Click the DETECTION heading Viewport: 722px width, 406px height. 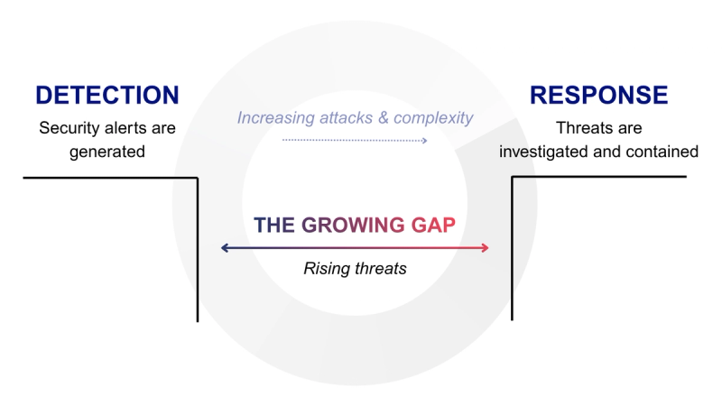pyautogui.click(x=107, y=96)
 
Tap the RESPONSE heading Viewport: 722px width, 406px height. pyautogui.click(x=598, y=96)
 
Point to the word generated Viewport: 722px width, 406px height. pyautogui.click(x=107, y=152)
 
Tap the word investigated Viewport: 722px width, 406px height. pyautogui.click(x=543, y=152)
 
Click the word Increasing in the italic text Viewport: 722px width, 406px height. pyautogui.click(x=274, y=118)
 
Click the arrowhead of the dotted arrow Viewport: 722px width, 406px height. pyautogui.click(x=424, y=140)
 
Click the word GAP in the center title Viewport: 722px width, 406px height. pyautogui.click(x=434, y=225)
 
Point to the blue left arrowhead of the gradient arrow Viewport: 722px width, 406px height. pyautogui.click(x=224, y=248)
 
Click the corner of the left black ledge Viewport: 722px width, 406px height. pyautogui.click(x=197, y=178)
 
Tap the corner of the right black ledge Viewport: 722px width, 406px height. pyautogui.click(x=513, y=177)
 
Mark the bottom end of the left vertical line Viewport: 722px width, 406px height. pyautogui.click(x=197, y=320)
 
